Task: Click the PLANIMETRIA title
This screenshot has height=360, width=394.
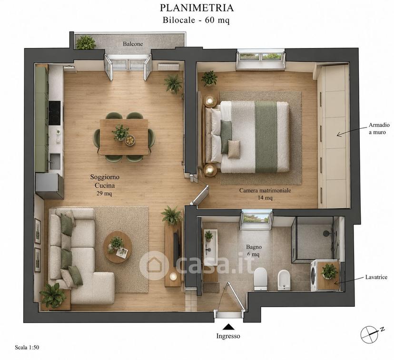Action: pyautogui.click(x=197, y=8)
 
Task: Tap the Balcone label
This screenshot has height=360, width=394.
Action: pyautogui.click(x=133, y=44)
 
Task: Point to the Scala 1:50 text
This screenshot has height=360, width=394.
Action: pyautogui.click(x=27, y=348)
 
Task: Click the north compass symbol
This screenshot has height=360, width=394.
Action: pyautogui.click(x=371, y=334)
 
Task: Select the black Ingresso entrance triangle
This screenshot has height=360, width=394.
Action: pyautogui.click(x=229, y=327)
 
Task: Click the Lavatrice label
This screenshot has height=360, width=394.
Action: pyautogui.click(x=376, y=277)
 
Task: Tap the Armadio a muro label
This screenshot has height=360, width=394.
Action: pyautogui.click(x=379, y=128)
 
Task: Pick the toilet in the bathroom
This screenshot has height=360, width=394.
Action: pyautogui.click(x=260, y=279)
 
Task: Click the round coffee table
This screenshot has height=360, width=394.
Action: pyautogui.click(x=118, y=247)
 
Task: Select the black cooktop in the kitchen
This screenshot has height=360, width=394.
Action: pyautogui.click(x=55, y=113)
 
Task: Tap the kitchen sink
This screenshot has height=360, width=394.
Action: pyautogui.click(x=55, y=161)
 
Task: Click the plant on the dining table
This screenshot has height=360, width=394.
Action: pyautogui.click(x=120, y=132)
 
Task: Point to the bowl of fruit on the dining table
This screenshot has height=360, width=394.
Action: pyautogui.click(x=130, y=140)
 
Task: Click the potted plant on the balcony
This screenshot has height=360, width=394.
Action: pyautogui.click(x=86, y=42)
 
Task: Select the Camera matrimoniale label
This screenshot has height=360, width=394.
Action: pyautogui.click(x=265, y=190)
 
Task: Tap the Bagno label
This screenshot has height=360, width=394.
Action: pyautogui.click(x=254, y=247)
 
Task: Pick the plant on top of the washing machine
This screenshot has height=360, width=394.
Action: pyautogui.click(x=329, y=271)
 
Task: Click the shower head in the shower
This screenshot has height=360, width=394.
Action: pyautogui.click(x=326, y=233)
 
